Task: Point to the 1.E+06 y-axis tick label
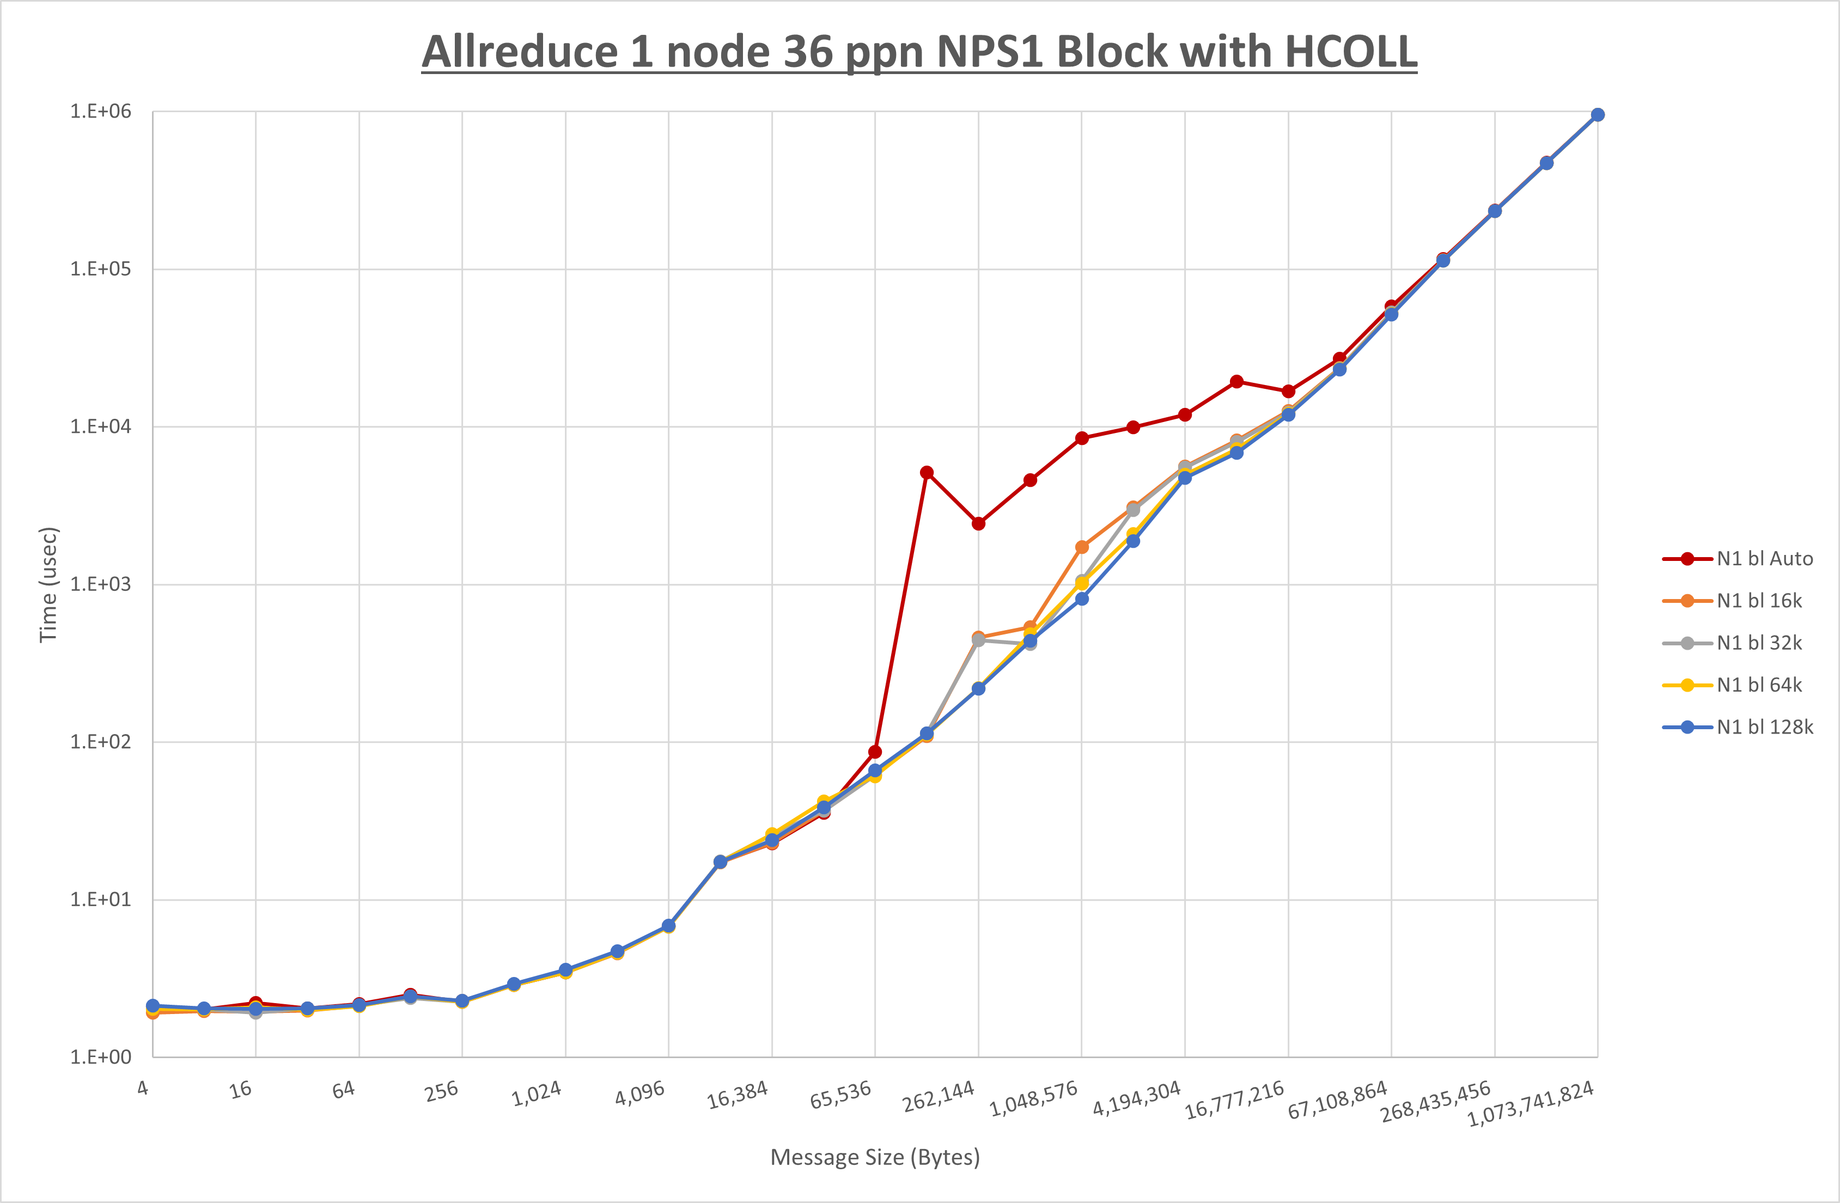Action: pyautogui.click(x=101, y=111)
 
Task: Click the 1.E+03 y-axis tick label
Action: pyautogui.click(x=101, y=584)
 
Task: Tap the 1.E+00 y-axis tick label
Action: pyautogui.click(x=101, y=1057)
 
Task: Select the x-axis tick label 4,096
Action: pyautogui.click(x=640, y=1093)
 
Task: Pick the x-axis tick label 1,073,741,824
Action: pyautogui.click(x=1530, y=1104)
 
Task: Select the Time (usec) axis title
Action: pyautogui.click(x=48, y=584)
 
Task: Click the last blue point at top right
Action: pyautogui.click(x=1597, y=114)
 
